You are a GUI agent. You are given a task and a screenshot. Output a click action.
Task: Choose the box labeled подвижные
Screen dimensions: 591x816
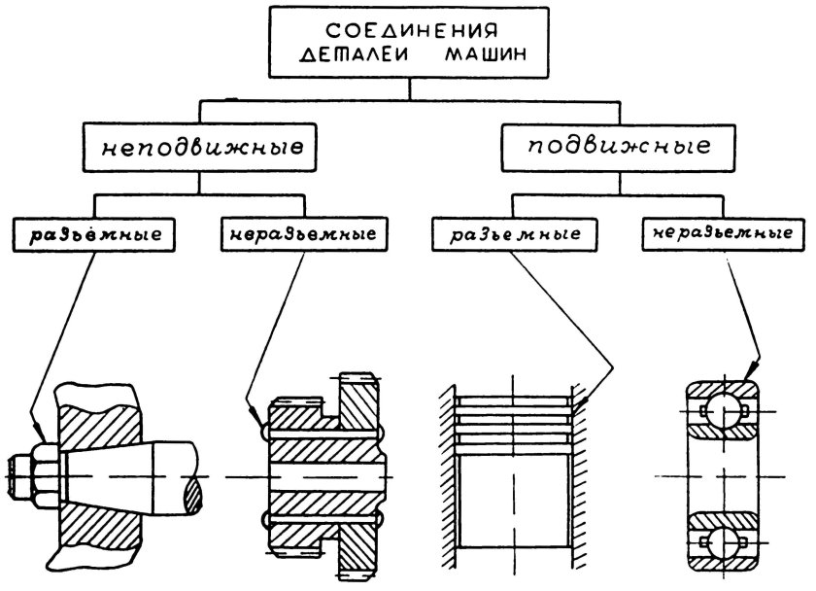click(x=618, y=148)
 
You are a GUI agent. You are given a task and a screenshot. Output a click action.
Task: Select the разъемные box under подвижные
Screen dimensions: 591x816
click(x=512, y=234)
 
